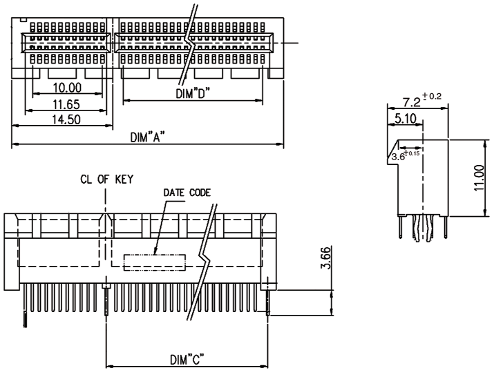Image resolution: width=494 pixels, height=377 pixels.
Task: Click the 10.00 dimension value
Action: coord(67,87)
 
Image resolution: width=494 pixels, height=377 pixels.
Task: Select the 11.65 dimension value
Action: coord(66,104)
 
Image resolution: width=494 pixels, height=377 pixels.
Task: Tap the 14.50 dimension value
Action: coord(66,119)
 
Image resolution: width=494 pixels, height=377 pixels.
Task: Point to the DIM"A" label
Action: coord(148,137)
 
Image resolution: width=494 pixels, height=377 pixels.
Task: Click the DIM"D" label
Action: coord(193,93)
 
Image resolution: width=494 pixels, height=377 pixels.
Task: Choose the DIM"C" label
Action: coord(187,360)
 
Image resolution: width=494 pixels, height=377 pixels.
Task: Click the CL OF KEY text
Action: coord(107,180)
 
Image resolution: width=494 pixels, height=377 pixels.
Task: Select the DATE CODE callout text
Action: coord(187,193)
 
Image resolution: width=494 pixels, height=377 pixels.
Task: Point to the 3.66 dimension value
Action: coord(325,258)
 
